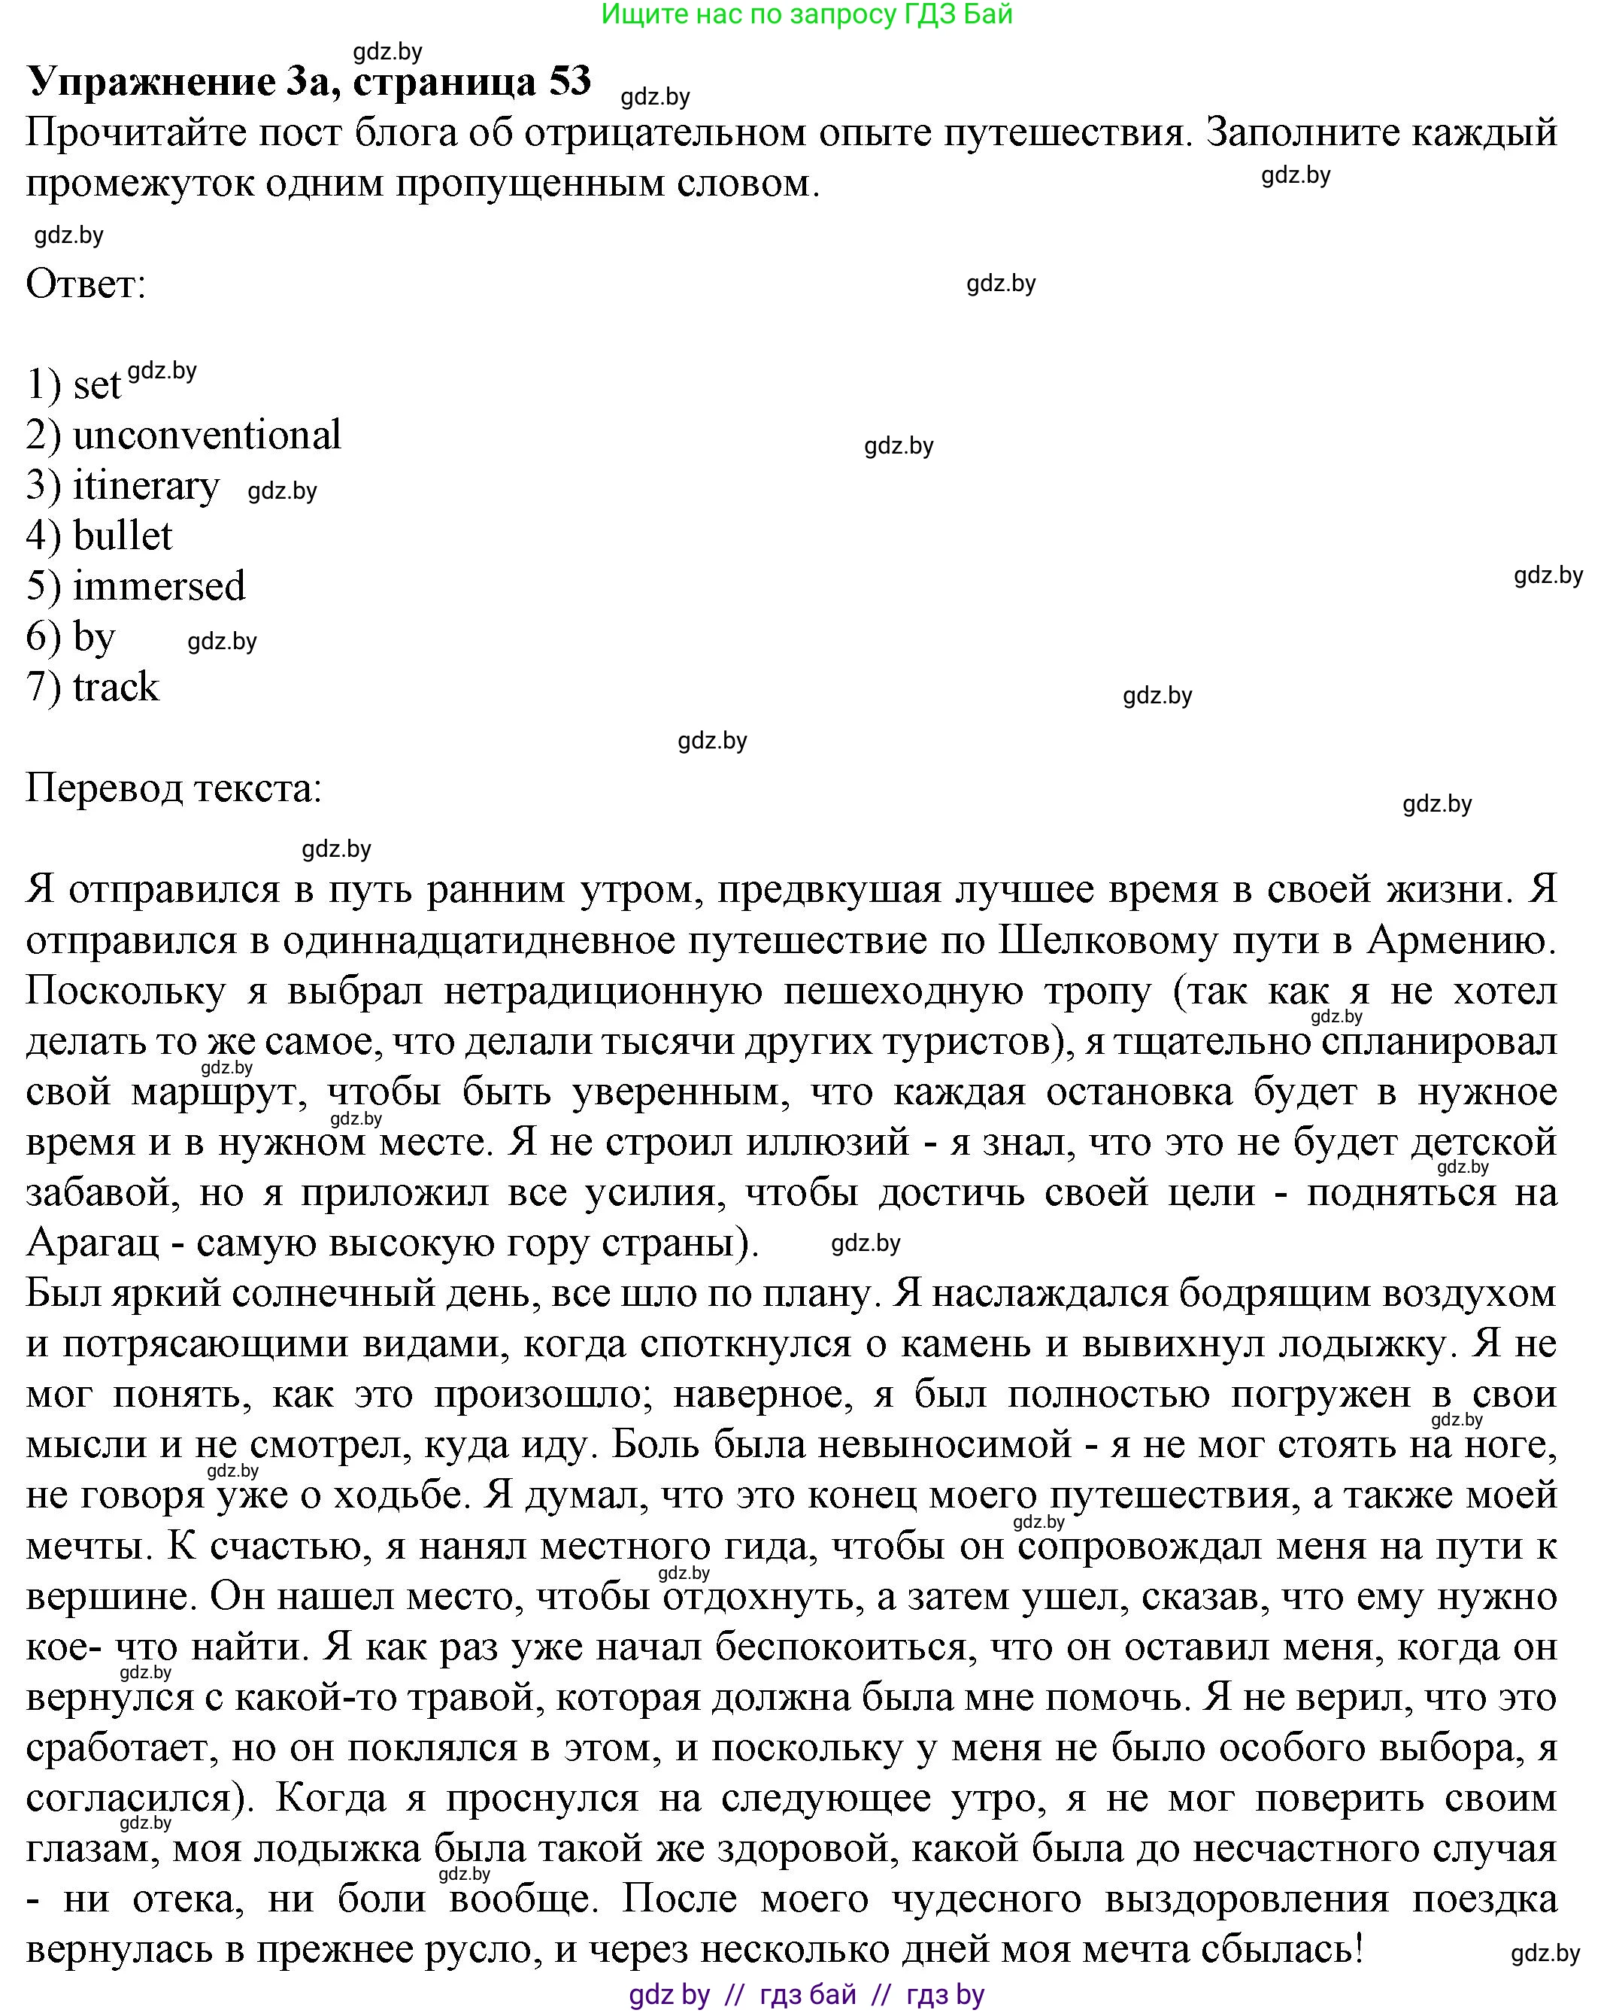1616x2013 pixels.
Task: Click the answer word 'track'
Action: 116,688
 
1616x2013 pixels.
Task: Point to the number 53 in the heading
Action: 569,81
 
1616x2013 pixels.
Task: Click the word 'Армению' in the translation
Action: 1460,941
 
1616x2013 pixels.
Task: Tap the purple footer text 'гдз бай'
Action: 808,1995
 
